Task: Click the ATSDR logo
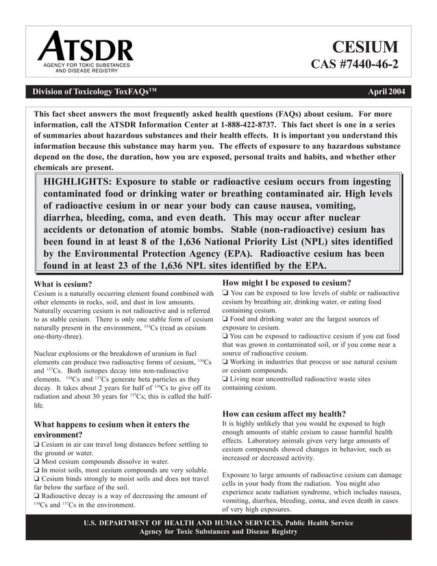pyautogui.click(x=86, y=52)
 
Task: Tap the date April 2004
pyautogui.click(x=386, y=91)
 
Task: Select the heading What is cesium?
pyautogui.click(x=62, y=284)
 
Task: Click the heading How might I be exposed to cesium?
pyautogui.click(x=287, y=282)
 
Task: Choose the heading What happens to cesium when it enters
pyautogui.click(x=112, y=425)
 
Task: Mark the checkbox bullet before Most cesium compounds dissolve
pyautogui.click(x=37, y=461)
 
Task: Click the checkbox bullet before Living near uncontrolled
pyautogui.click(x=226, y=378)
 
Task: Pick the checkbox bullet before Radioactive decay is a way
pyautogui.click(x=37, y=495)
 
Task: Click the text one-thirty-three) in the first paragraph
pyautogui.click(x=58, y=338)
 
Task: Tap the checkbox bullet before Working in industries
pyautogui.click(x=226, y=362)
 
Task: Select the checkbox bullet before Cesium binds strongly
pyautogui.click(x=37, y=478)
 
